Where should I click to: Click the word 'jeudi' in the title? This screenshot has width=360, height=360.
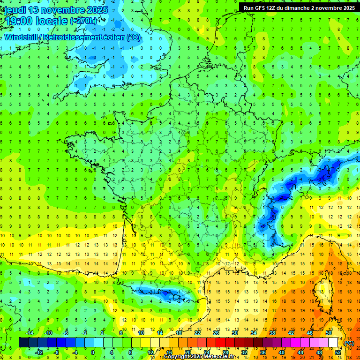pos(15,10)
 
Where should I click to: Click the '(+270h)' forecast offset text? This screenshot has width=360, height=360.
pos(83,21)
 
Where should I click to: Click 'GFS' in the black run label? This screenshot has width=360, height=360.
pos(261,8)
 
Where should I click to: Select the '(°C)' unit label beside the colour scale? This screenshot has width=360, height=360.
pos(349,343)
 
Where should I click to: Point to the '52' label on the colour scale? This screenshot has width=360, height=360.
pos(337,352)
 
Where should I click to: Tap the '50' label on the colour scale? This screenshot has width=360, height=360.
pos(328,333)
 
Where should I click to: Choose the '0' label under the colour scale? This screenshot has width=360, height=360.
pos(92,352)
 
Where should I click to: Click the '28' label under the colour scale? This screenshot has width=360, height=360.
pos(225,352)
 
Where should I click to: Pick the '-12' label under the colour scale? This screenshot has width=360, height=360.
pos(39,352)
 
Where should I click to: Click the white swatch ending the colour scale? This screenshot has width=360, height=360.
pos(333,343)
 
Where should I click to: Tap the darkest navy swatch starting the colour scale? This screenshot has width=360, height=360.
pos(23,343)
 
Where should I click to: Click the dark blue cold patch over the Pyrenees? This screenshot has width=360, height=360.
pos(166,295)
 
